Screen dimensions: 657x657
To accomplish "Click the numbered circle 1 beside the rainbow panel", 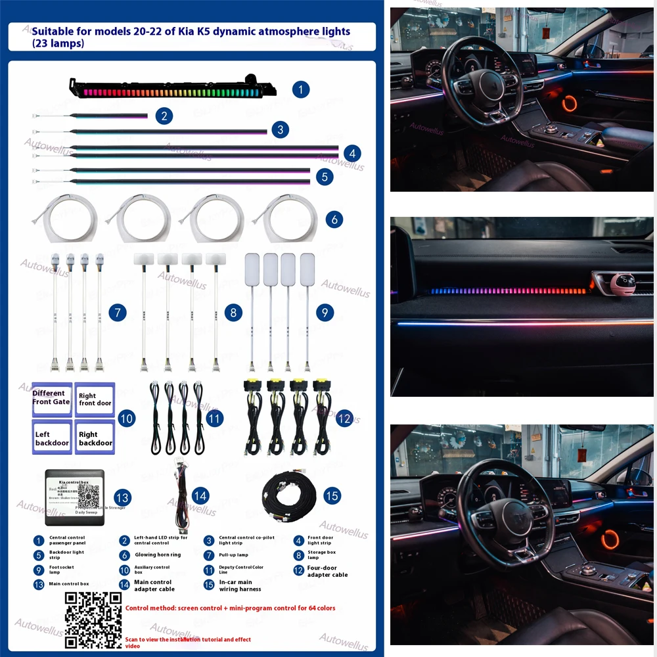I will [300, 89].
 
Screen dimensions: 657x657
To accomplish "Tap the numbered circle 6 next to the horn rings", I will [334, 219].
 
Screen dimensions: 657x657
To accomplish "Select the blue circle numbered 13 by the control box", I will [122, 497].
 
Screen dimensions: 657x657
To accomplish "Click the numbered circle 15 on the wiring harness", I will [332, 495].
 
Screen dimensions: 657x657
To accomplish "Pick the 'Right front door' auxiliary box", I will [95, 399].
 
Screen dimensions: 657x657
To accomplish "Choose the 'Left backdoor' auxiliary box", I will [52, 438].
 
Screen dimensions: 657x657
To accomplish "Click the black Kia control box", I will [74, 497].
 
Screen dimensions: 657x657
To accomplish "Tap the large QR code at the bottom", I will [93, 620].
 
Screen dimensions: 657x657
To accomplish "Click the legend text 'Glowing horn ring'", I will [158, 555].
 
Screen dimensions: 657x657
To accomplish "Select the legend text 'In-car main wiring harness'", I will [240, 585].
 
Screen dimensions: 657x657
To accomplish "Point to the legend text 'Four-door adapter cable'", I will [328, 571].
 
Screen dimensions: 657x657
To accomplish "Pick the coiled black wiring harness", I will [292, 496].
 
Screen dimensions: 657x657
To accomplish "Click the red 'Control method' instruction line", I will [231, 608].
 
